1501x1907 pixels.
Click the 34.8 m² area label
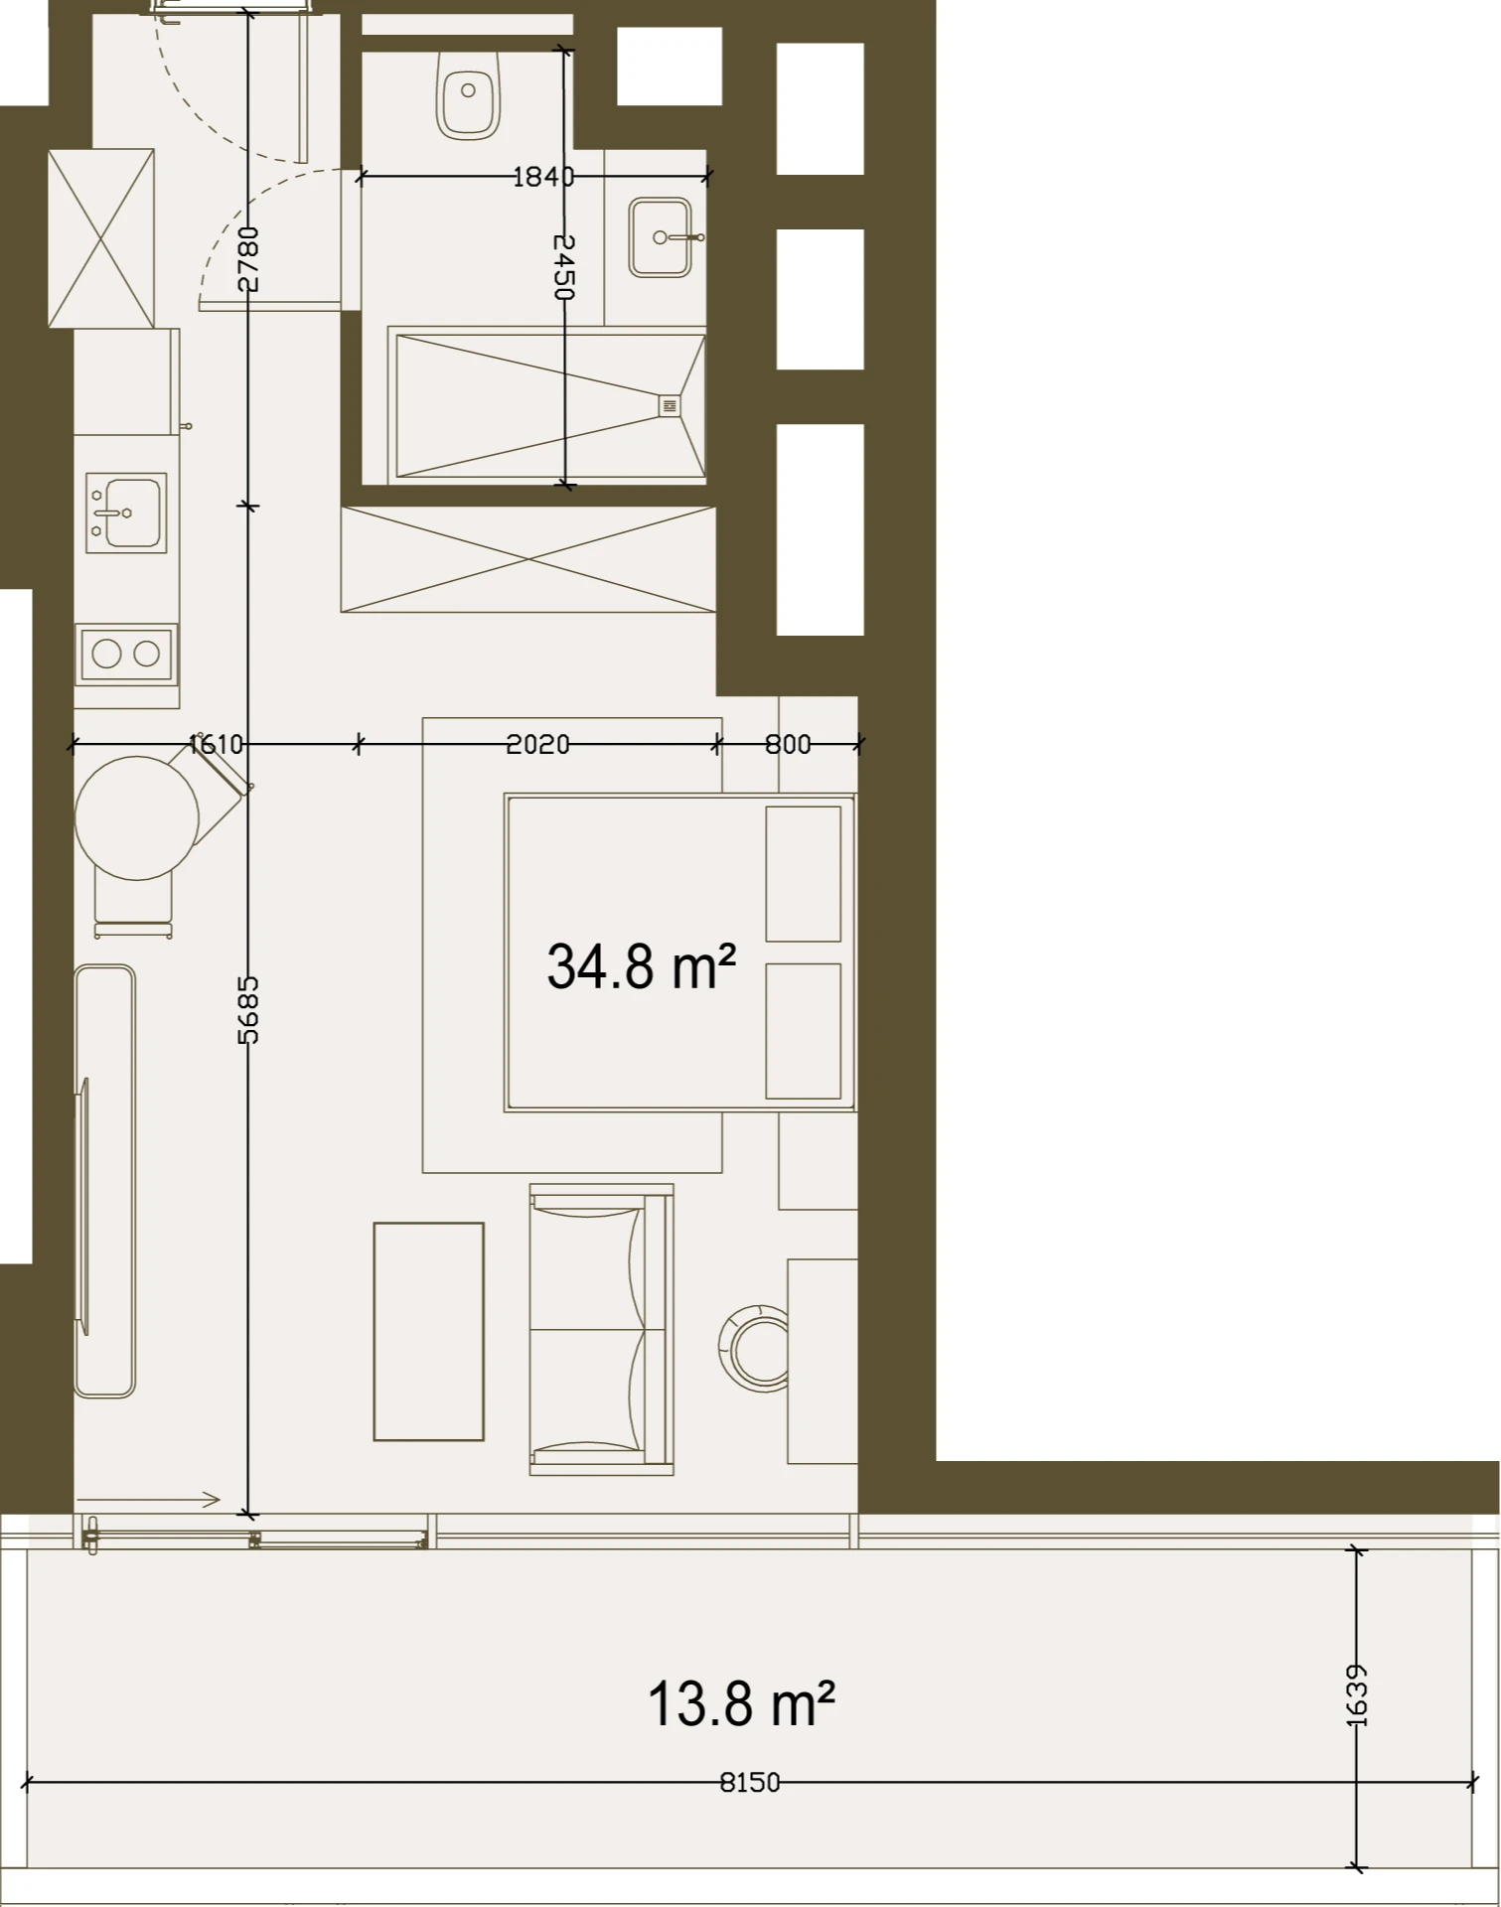point(642,966)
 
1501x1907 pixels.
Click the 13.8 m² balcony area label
point(741,1703)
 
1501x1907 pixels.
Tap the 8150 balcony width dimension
point(750,1783)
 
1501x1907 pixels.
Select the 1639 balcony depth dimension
point(1358,1695)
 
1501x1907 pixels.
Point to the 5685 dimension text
point(248,1009)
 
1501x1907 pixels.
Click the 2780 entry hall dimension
point(248,259)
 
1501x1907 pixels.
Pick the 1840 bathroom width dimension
point(543,177)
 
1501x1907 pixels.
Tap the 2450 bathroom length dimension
point(563,266)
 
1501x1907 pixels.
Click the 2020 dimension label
point(537,744)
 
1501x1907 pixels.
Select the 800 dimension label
point(788,744)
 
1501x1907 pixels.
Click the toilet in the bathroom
point(468,94)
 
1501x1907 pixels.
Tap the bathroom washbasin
point(660,237)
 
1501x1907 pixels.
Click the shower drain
point(669,405)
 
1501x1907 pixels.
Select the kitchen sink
point(126,513)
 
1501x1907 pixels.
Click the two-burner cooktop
point(126,654)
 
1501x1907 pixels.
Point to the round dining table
point(138,818)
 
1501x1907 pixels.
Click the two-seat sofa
point(602,1329)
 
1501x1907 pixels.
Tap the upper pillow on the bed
point(804,874)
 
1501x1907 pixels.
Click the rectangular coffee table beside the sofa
point(429,1332)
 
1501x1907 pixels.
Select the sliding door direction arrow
point(148,1500)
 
